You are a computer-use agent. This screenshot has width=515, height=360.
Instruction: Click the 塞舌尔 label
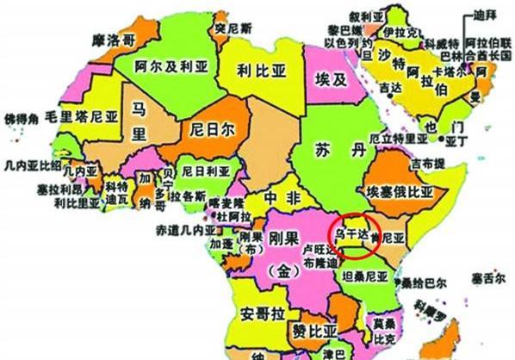click(x=487, y=279)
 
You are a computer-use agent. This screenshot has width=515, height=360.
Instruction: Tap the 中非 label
click(x=276, y=197)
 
